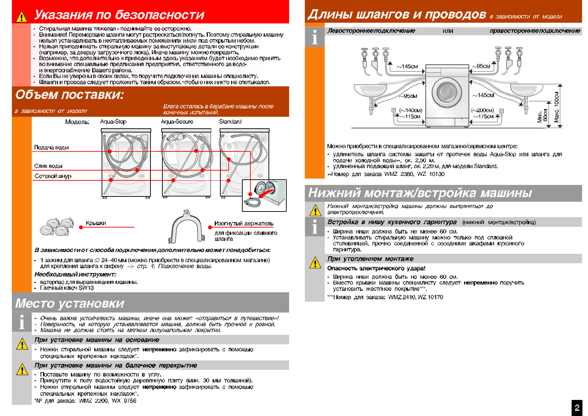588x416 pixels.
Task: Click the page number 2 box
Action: (577, 408)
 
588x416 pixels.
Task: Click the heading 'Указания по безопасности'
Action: (119, 15)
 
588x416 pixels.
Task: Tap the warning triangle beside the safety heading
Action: (22, 16)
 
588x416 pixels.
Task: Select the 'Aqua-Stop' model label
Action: (113, 122)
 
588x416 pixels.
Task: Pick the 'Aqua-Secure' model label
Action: (177, 122)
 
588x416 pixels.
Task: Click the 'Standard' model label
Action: (230, 122)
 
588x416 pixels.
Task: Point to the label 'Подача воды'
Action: (51, 148)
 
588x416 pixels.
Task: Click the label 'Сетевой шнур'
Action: (53, 176)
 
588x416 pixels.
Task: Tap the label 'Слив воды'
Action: (48, 166)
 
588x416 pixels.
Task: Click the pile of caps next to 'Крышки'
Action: (57, 227)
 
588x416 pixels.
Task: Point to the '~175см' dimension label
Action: (483, 117)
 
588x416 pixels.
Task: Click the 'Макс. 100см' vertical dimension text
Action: (557, 107)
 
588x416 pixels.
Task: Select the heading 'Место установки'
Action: (70, 303)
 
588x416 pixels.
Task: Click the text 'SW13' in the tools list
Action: (86, 288)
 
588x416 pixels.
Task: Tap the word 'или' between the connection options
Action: (448, 31)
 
